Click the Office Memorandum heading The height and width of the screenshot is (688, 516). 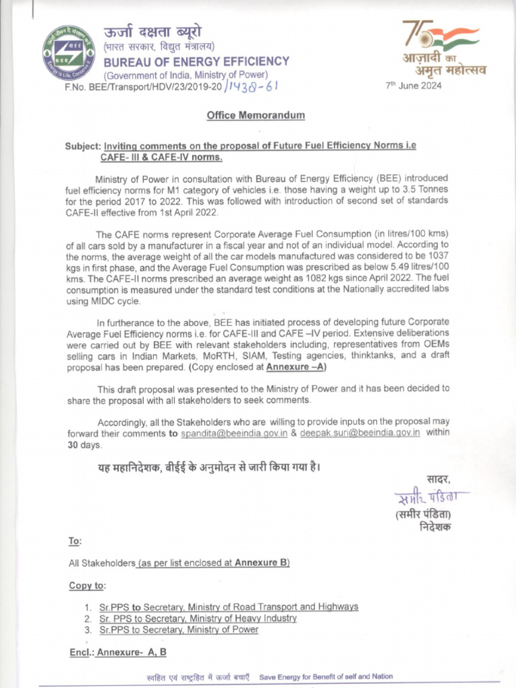255,115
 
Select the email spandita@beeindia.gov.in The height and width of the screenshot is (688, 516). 234,433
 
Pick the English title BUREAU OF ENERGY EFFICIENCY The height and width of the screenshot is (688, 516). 196,61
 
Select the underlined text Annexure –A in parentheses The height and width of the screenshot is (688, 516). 296,368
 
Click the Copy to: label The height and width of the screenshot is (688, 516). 87,585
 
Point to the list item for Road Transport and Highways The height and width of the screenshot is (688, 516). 228,607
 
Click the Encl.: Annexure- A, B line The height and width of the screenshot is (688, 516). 118,652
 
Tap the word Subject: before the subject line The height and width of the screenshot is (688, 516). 83,146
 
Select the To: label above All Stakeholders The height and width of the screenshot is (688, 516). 75,541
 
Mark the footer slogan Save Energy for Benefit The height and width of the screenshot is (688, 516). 326,677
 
